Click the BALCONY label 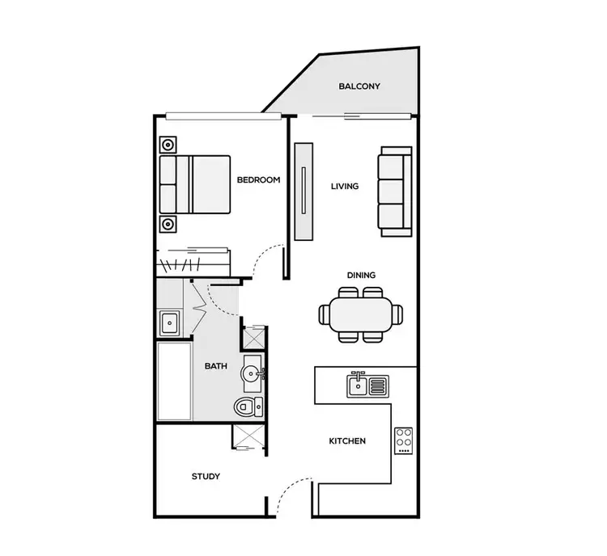(359, 86)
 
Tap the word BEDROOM (258, 179)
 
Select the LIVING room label (345, 187)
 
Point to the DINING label (361, 276)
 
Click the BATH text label (215, 366)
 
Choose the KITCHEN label (347, 441)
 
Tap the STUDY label (206, 476)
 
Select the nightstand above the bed (168, 145)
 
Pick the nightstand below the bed (168, 224)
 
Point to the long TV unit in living (303, 192)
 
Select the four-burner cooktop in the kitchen (404, 440)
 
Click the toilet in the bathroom (247, 406)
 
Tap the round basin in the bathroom (251, 373)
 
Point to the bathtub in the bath (174, 381)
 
